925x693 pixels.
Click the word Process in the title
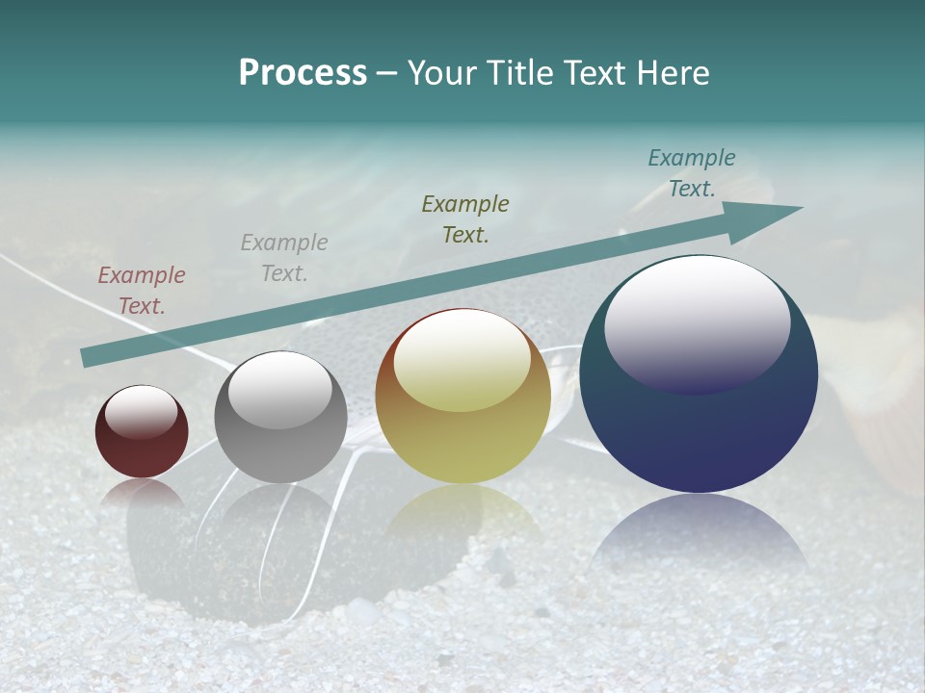[x=303, y=73]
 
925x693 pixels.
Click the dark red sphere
[x=142, y=432]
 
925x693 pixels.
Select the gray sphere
[x=280, y=418]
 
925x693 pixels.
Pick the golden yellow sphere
[x=462, y=397]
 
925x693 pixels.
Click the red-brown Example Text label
[x=142, y=291]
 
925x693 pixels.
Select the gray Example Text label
[x=284, y=257]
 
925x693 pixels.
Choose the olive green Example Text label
[x=465, y=218]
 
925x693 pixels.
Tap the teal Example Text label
[x=692, y=173]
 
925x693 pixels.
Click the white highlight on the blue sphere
[x=697, y=320]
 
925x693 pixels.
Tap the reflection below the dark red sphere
[x=142, y=492]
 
